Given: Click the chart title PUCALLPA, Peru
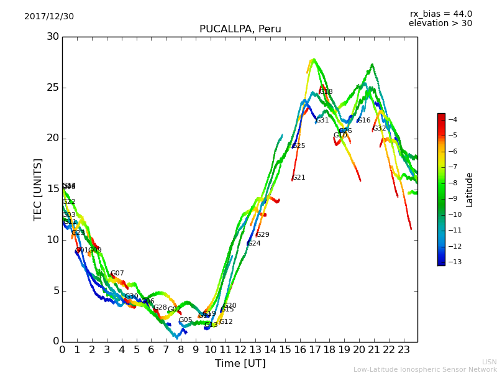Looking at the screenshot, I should [240, 29].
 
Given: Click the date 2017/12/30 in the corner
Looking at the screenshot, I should [49, 17].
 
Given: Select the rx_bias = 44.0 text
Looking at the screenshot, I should [440, 14].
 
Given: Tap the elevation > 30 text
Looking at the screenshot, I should [440, 24].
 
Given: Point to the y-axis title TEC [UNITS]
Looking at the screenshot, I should [38, 189].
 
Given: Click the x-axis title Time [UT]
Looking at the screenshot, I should [240, 364].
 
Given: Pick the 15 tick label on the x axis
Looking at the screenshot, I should [285, 350].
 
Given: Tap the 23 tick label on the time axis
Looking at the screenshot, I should [404, 350].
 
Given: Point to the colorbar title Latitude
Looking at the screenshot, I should [470, 190].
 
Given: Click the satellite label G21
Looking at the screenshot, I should [299, 178].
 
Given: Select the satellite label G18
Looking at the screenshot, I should [326, 92].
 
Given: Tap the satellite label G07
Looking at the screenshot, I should [117, 274].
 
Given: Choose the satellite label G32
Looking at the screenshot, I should [380, 129].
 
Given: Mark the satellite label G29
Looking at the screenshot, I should [263, 235].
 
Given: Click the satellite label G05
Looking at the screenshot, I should [186, 320].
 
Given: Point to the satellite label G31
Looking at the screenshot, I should [322, 121].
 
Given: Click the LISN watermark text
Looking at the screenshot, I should [489, 362].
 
